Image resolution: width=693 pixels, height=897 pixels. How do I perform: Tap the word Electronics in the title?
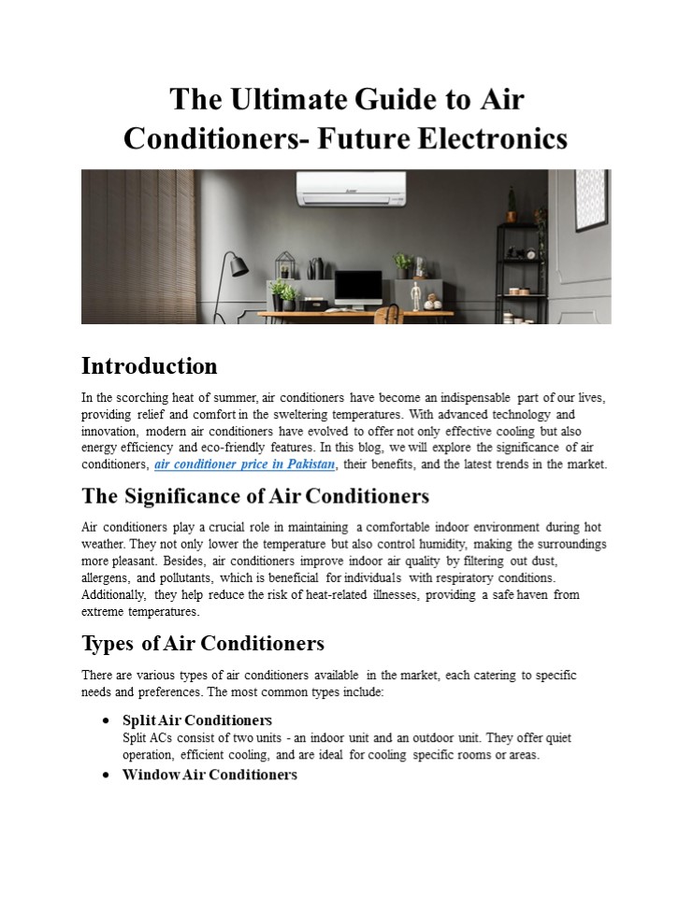pyautogui.click(x=491, y=138)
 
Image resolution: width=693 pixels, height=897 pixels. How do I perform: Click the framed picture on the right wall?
pyautogui.click(x=591, y=199)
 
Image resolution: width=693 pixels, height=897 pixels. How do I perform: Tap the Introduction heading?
pyautogui.click(x=150, y=365)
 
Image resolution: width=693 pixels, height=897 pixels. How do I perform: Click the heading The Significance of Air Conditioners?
pyautogui.click(x=255, y=495)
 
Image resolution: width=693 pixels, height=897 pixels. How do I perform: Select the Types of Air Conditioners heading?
pyautogui.click(x=203, y=644)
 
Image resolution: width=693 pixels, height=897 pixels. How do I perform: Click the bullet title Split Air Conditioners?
pyautogui.click(x=197, y=720)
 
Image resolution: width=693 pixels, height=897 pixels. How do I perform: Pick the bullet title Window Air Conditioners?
pyautogui.click(x=209, y=776)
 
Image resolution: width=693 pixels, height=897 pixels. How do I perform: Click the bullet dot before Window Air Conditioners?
pyautogui.click(x=108, y=776)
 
